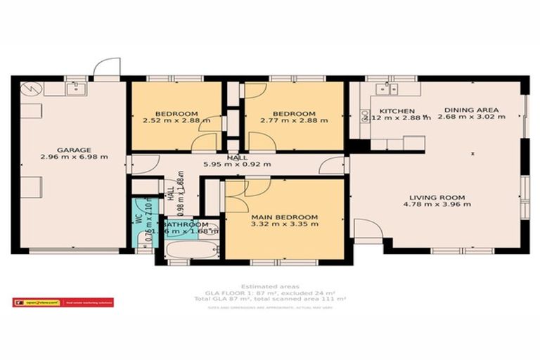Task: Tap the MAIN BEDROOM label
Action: (284, 217)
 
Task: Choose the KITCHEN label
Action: (397, 111)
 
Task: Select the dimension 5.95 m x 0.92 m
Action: (236, 166)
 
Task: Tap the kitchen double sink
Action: (386, 89)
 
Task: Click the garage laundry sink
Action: (75, 89)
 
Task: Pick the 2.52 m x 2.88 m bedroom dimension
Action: (176, 121)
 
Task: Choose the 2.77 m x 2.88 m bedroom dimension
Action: (293, 121)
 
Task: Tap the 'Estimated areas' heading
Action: (269, 286)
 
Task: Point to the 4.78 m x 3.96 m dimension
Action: (437, 205)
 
